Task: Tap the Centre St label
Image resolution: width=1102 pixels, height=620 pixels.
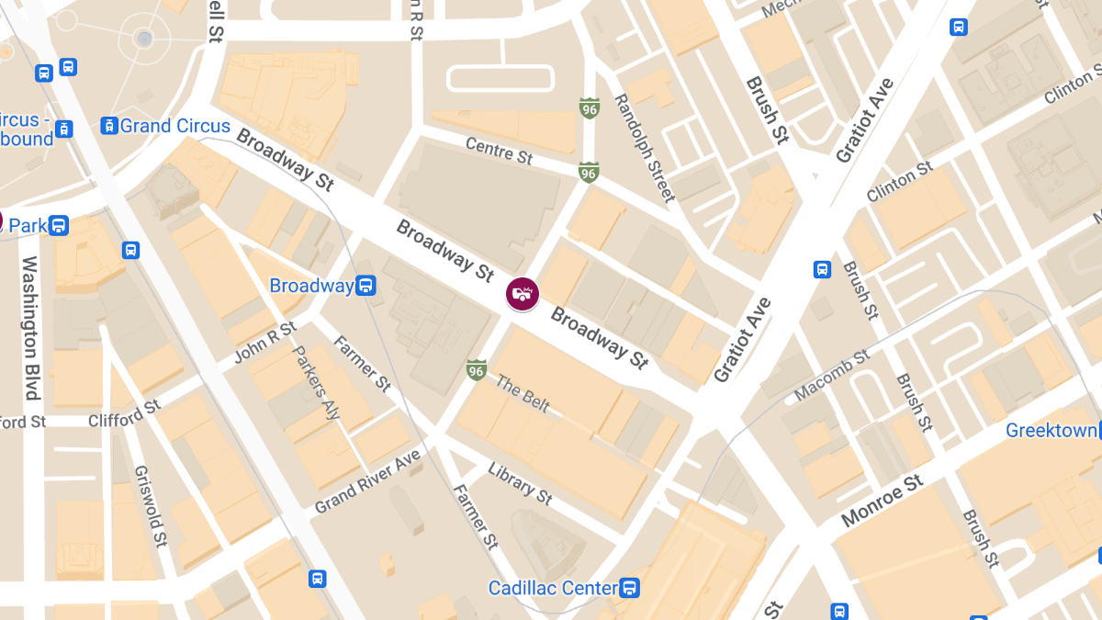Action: pos(499,151)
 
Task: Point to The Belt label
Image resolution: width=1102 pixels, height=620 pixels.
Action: pos(522,394)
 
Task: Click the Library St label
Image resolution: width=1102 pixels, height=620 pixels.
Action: pos(520,483)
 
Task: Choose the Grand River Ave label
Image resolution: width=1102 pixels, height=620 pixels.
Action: pos(367,481)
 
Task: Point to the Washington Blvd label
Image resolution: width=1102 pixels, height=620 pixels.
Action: pos(30,328)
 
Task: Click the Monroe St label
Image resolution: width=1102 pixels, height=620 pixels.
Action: pos(882,502)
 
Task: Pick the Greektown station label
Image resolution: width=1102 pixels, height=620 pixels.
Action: pos(1051,430)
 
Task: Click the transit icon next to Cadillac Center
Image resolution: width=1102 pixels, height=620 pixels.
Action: pos(630,587)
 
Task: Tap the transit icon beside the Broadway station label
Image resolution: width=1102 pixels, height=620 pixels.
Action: pos(365,286)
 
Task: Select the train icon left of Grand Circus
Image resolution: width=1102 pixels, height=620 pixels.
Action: pos(109,126)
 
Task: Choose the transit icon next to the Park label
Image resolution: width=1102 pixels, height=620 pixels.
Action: pos(59,225)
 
